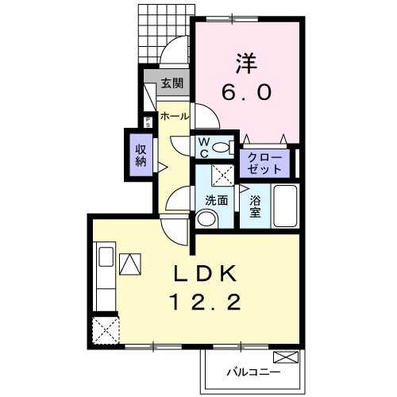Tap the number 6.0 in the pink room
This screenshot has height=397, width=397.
coord(246,91)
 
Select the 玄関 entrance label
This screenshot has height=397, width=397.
coord(172,83)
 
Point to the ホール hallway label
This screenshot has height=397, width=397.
coord(175,117)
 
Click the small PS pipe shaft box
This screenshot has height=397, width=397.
coord(147,122)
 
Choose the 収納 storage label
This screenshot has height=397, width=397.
coord(141,155)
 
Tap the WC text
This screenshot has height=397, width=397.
coord(203,147)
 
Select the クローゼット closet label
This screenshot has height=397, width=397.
coord(264,163)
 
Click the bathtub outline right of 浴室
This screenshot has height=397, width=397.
coord(283,206)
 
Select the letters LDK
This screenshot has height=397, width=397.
coord(205,275)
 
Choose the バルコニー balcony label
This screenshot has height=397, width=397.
coord(252,370)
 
